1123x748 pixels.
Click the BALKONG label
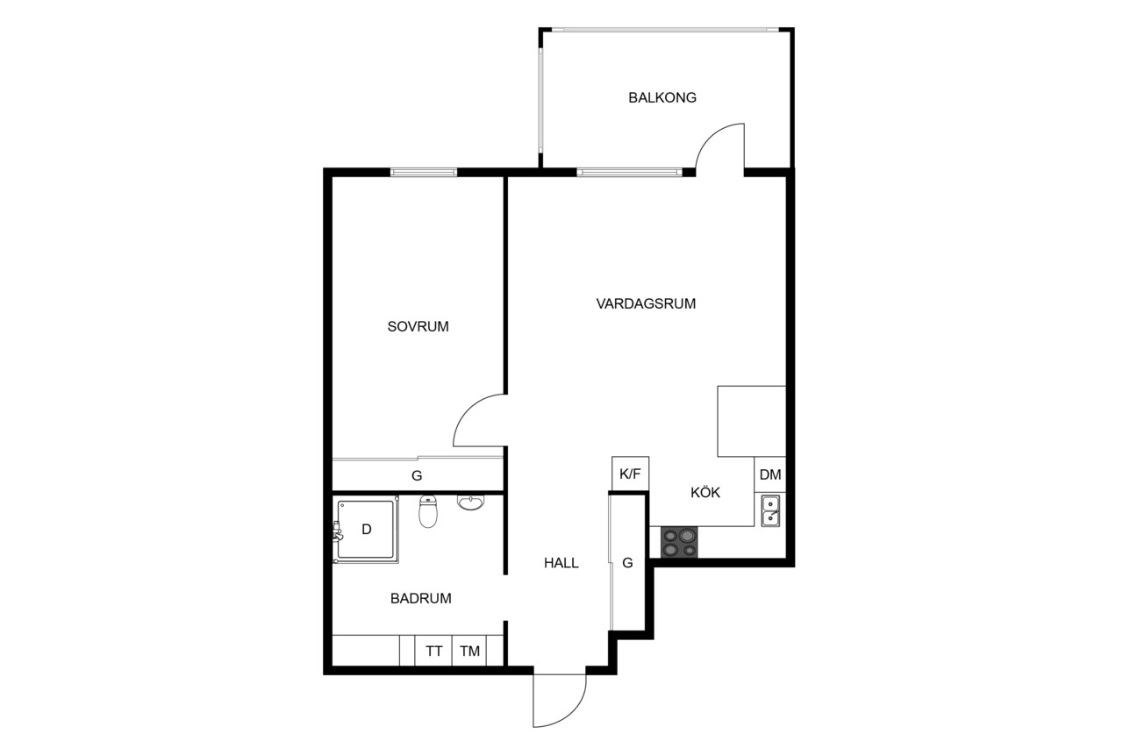coord(662,97)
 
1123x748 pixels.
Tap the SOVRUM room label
coord(418,327)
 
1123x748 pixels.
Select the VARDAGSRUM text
coord(646,303)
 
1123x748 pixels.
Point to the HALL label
coord(561,563)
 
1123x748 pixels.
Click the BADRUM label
coord(420,598)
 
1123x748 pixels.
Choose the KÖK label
coord(705,493)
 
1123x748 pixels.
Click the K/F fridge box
coord(630,474)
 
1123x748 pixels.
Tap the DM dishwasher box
coord(770,474)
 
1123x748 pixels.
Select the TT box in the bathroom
coord(433,651)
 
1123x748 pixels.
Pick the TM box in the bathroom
coord(469,651)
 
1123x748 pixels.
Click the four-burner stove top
coord(679,542)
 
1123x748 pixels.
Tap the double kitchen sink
coord(770,510)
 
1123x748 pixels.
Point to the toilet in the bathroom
coord(428,511)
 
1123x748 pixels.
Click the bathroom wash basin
coord(471,502)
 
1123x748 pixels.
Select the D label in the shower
coord(367,530)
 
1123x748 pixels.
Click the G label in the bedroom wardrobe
coord(417,475)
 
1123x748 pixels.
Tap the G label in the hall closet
coord(627,563)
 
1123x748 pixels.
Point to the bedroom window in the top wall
coord(424,173)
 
